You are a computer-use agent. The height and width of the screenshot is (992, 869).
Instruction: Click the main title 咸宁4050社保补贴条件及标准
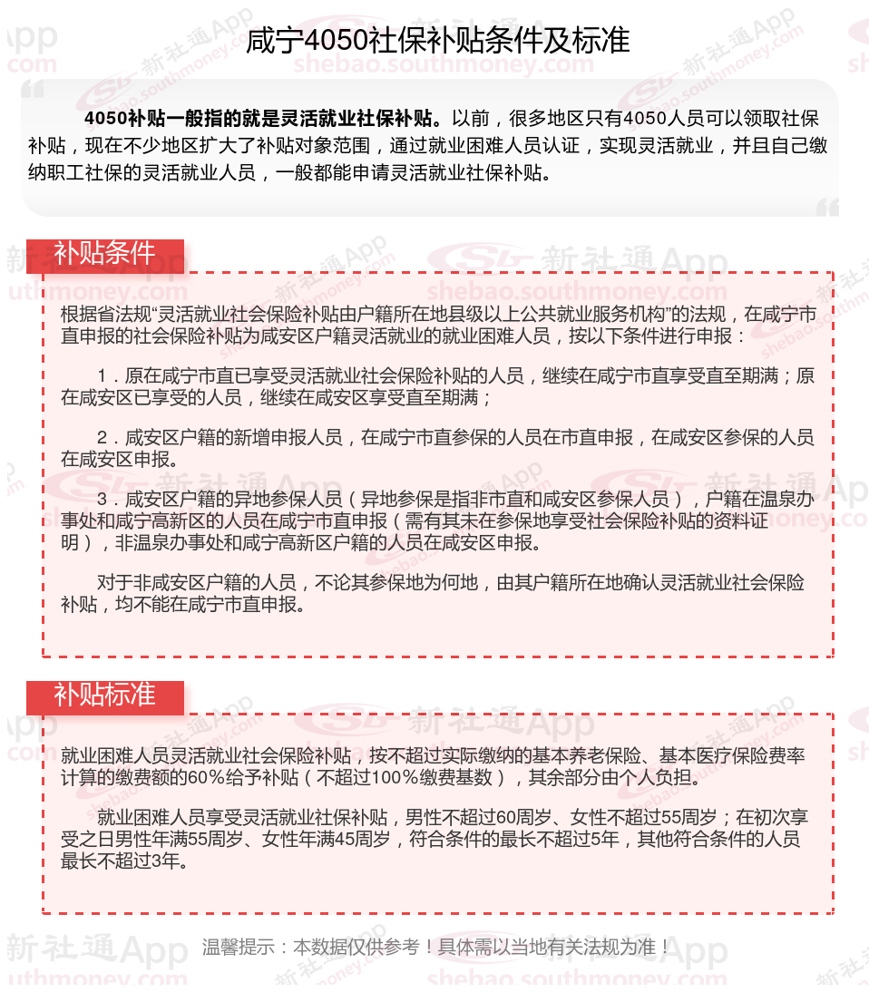point(437,41)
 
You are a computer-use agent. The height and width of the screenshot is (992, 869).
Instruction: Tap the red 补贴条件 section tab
point(104,255)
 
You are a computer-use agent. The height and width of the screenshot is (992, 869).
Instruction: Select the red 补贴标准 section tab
point(104,695)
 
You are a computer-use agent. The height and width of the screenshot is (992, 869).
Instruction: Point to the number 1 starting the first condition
point(103,376)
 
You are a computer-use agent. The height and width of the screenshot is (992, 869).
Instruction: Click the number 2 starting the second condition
point(103,438)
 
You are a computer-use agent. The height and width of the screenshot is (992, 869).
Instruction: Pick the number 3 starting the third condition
point(103,500)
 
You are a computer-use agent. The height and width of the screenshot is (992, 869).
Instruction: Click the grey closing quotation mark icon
point(826,209)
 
